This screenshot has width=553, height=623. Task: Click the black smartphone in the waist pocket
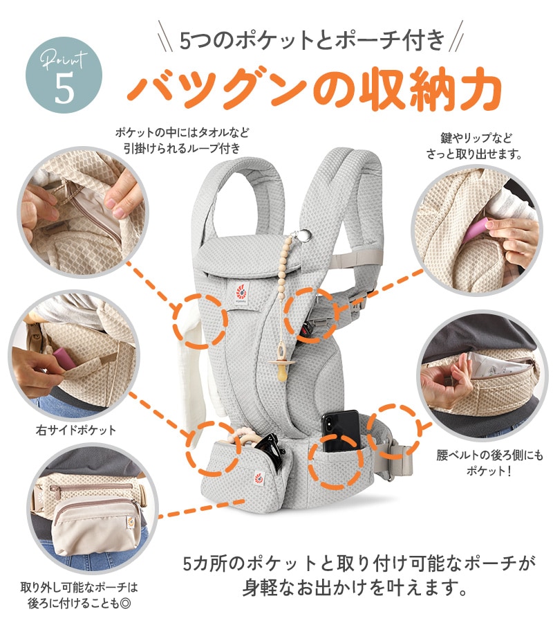point(341,433)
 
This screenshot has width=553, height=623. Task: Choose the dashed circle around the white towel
point(200,320)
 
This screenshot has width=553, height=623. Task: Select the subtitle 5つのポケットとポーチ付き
point(311,39)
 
